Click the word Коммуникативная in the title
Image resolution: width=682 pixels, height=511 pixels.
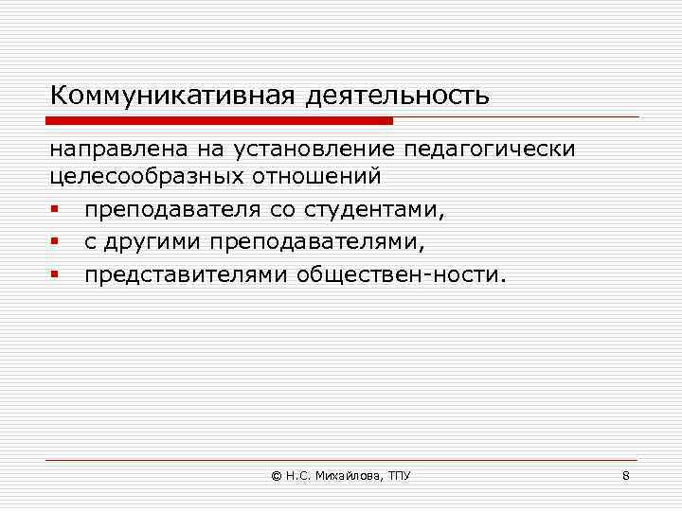[x=174, y=97]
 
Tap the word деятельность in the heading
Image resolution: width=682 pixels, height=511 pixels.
[x=398, y=97]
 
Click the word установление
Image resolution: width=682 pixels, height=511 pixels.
[x=304, y=151]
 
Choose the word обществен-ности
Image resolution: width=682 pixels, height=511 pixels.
[x=403, y=275]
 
